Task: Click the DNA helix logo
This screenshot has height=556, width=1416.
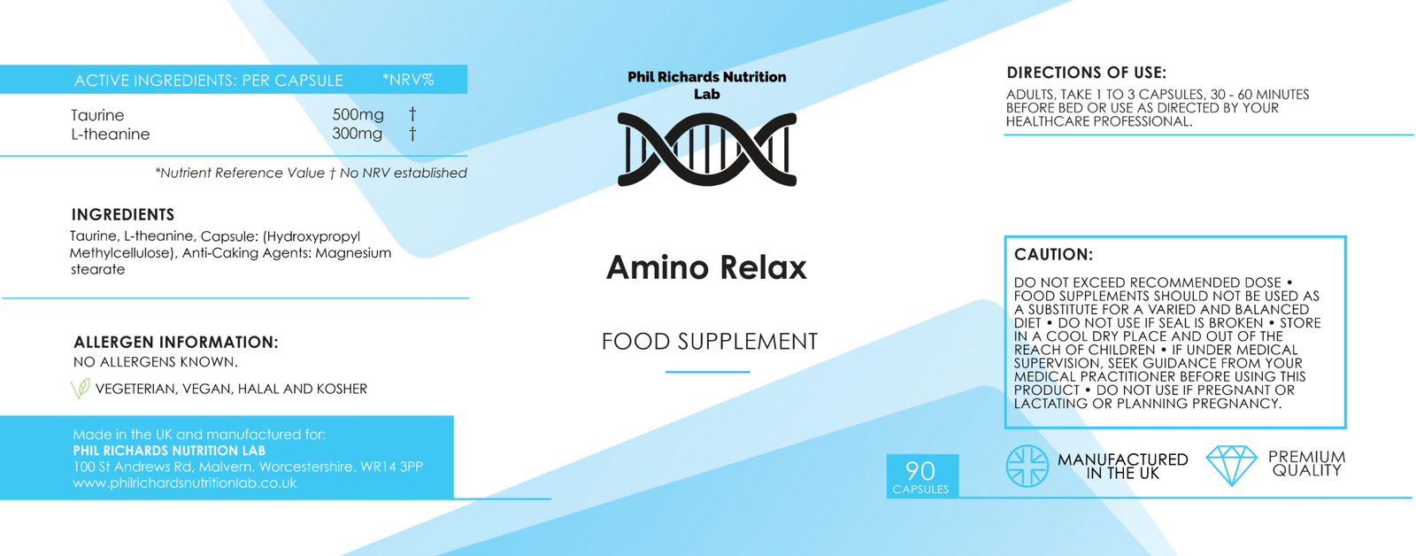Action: [x=707, y=150]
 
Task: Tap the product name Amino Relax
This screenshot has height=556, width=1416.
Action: [x=706, y=267]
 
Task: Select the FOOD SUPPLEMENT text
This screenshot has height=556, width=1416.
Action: [x=709, y=342]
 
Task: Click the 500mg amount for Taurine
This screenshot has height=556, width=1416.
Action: [x=358, y=115]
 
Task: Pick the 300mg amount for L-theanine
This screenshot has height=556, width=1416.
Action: [x=358, y=134]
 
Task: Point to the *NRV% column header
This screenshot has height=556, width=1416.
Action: [x=408, y=80]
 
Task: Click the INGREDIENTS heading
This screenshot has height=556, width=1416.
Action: [x=123, y=214]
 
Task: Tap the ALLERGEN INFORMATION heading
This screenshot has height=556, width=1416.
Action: [x=176, y=343]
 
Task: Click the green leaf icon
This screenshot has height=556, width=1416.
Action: [x=81, y=388]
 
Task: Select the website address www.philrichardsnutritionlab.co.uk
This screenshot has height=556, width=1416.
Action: [x=185, y=483]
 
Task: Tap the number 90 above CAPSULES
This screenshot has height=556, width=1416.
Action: [x=920, y=471]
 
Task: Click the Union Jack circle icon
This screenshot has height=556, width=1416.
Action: [x=1027, y=467]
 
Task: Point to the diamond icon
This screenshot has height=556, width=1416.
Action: [x=1231, y=465]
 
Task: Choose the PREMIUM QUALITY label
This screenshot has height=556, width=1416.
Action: [x=1306, y=464]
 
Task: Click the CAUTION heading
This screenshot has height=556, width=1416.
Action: [x=1053, y=254]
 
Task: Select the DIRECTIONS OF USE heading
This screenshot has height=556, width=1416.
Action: [x=1087, y=73]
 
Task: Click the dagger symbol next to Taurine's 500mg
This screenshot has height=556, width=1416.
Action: [x=412, y=114]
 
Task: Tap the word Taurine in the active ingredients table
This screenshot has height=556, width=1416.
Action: [x=97, y=115]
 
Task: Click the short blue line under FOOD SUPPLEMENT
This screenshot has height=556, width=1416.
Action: [x=707, y=372]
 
